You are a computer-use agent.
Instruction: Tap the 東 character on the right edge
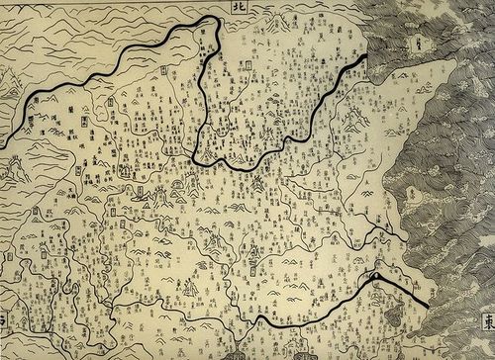(x=485, y=321)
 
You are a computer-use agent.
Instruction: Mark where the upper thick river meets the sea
(x=368, y=56)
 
